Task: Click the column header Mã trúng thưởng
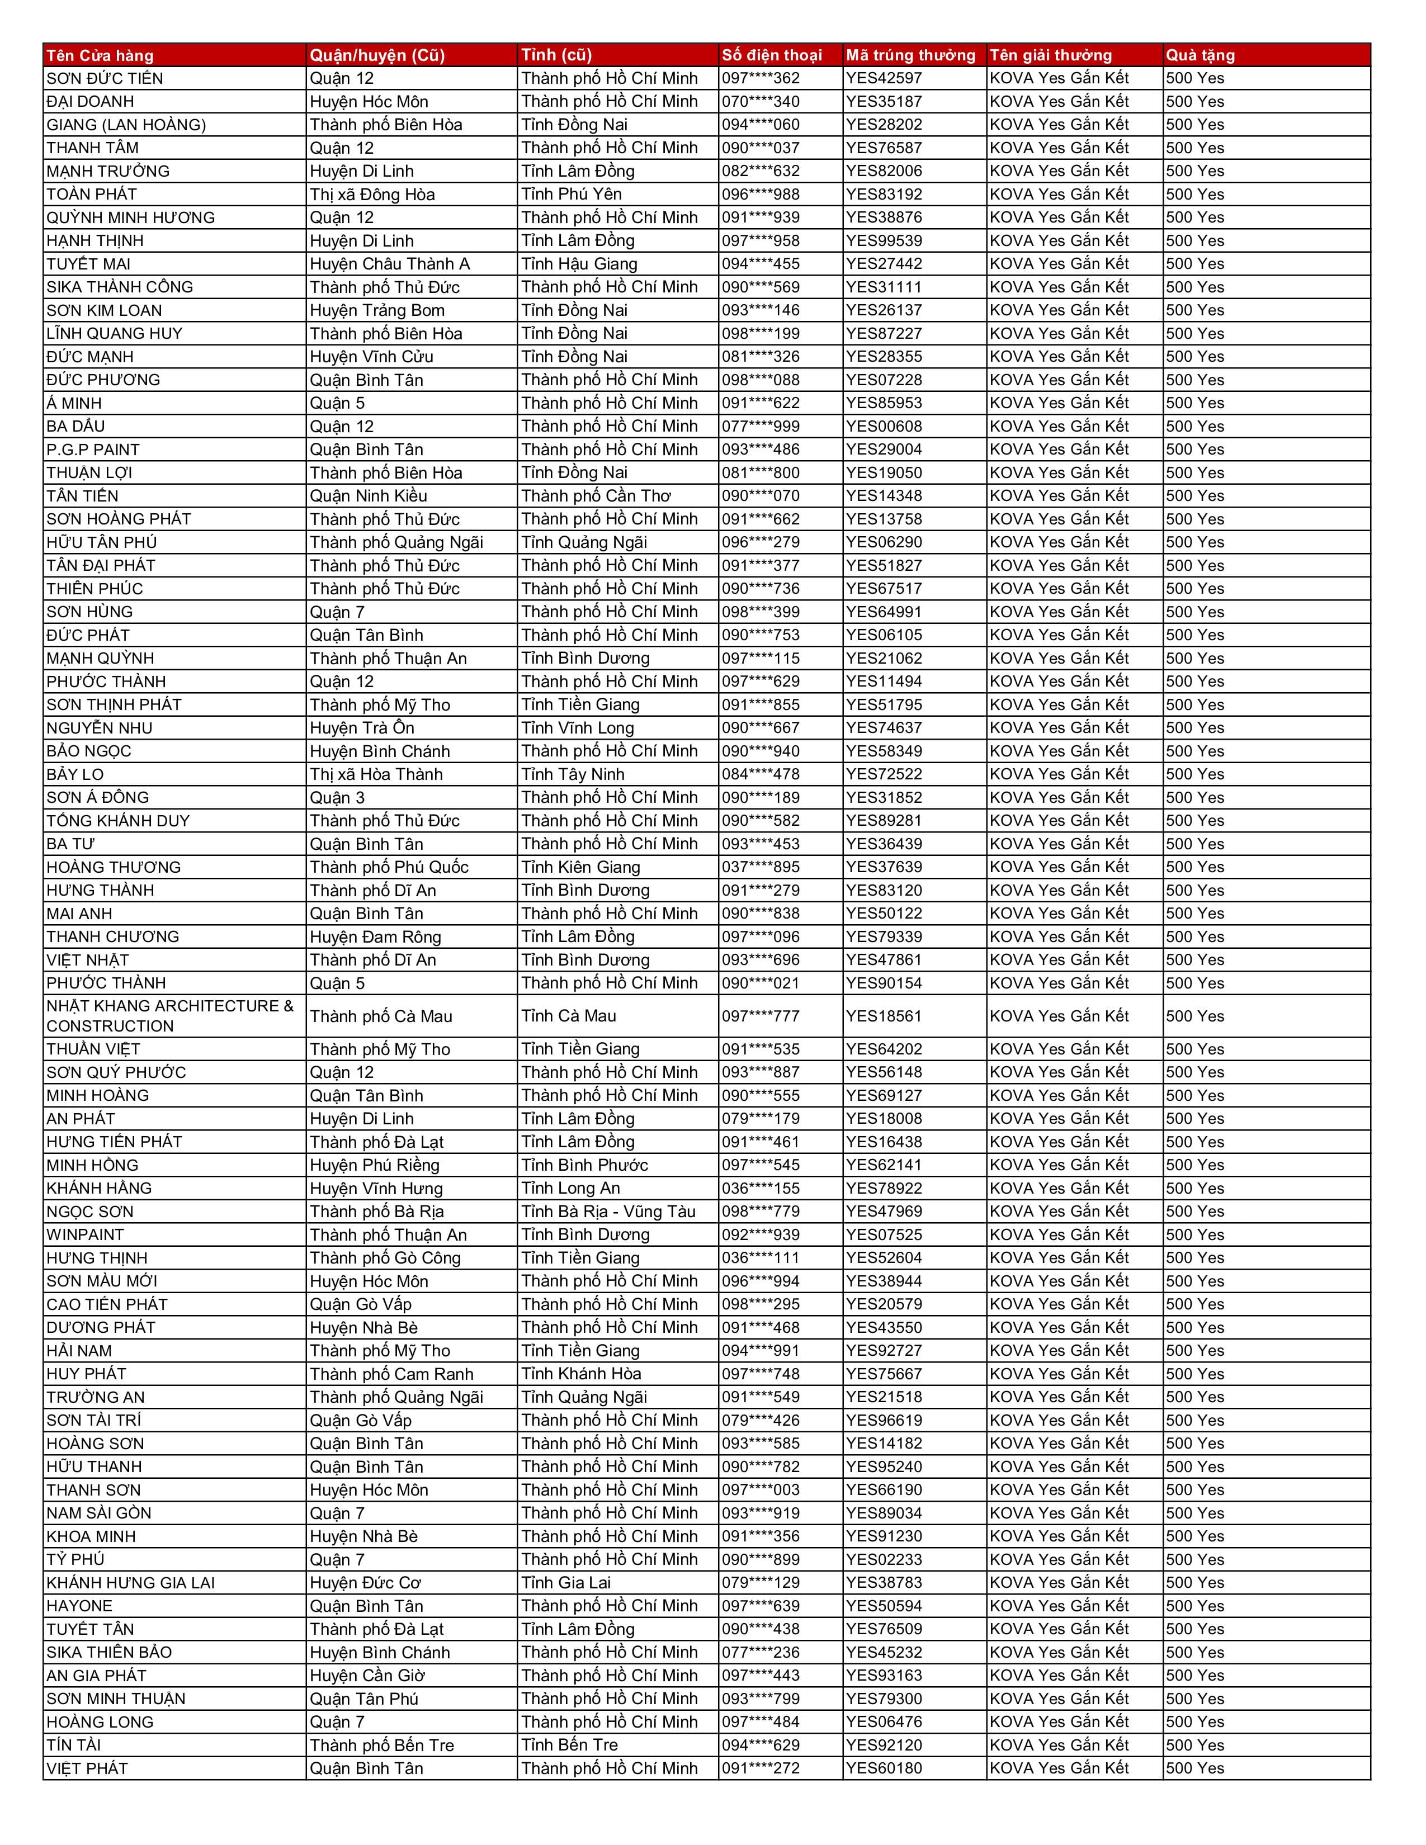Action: pos(910,56)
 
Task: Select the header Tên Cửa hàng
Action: pos(100,56)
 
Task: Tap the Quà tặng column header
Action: pos(1200,56)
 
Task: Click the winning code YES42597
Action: pos(884,79)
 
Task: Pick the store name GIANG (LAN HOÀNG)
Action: pos(126,125)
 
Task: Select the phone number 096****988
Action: pos(761,195)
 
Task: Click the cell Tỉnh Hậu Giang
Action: pos(579,263)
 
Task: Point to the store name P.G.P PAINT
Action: pos(93,450)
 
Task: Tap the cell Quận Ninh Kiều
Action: pos(369,496)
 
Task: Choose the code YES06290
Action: pos(884,542)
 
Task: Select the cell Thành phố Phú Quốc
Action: pos(389,868)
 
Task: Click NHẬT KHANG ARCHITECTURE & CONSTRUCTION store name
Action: pos(169,1016)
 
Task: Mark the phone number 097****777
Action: pos(761,1016)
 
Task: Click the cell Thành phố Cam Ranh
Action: pos(391,1374)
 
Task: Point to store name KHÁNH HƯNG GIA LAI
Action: pos(131,1583)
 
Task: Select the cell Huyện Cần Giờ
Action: pos(367,1676)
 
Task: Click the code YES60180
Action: pos(884,1769)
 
